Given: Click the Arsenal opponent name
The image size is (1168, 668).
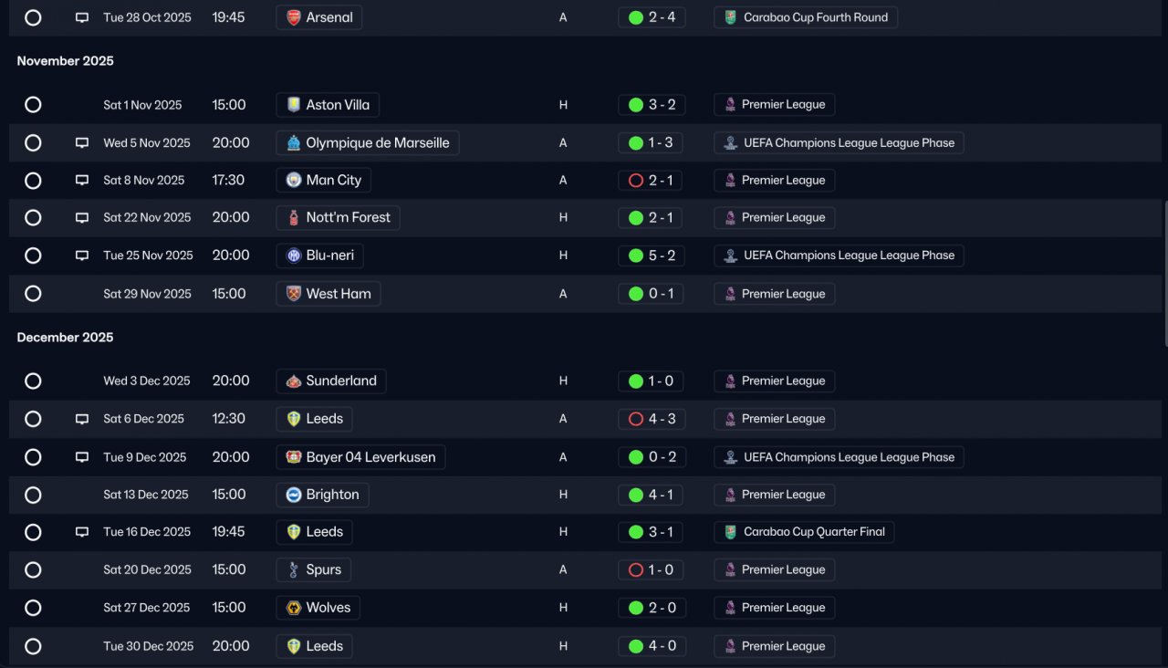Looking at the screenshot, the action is (x=329, y=17).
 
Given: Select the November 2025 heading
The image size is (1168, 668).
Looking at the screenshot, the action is (x=65, y=61).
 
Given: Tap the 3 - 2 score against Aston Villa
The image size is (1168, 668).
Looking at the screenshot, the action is (x=662, y=104).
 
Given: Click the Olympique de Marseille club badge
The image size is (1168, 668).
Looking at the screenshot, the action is (x=294, y=142).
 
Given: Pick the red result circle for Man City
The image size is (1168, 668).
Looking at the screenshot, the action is (x=636, y=181).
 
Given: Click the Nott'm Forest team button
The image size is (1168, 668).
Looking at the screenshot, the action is (x=338, y=217).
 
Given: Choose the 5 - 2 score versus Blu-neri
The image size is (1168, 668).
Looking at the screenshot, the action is (x=662, y=256).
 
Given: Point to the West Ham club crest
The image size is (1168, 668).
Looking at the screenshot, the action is (x=294, y=293).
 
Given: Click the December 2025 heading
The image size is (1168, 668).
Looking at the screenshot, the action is (x=65, y=338).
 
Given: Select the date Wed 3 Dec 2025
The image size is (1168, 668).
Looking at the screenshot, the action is (x=147, y=381).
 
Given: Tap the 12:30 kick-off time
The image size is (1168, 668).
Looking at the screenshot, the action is (x=228, y=418).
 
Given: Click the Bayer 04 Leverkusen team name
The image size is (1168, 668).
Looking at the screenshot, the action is (x=370, y=457).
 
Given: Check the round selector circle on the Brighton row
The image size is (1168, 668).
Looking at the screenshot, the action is (x=33, y=495).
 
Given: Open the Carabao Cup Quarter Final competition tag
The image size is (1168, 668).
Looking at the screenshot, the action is (x=804, y=532).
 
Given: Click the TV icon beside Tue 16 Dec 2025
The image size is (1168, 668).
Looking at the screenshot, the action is (x=82, y=532).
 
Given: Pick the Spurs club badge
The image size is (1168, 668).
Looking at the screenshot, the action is (x=294, y=569).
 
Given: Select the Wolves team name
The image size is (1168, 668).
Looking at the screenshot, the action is (x=328, y=608).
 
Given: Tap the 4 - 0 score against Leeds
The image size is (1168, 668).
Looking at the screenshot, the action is (x=662, y=646).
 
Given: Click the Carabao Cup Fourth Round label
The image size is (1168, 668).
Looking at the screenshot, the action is (x=816, y=17).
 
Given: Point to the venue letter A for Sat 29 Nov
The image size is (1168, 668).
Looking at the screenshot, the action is (x=563, y=294).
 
